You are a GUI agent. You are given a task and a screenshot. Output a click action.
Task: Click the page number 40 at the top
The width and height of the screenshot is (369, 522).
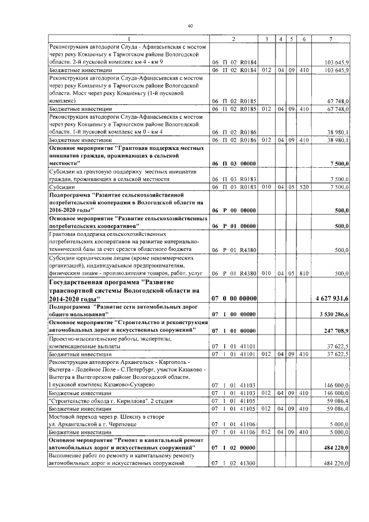[190, 25]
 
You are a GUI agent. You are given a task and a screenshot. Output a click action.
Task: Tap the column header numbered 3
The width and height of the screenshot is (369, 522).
[266, 39]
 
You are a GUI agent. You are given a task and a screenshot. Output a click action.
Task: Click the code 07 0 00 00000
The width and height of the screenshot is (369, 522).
[234, 299]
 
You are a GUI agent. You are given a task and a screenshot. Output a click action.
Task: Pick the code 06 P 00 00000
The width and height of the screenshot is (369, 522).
[234, 211]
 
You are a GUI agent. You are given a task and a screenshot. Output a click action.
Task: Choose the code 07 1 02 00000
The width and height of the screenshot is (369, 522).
[234, 447]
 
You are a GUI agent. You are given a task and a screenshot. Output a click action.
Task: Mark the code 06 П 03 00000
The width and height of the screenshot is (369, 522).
[234, 164]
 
